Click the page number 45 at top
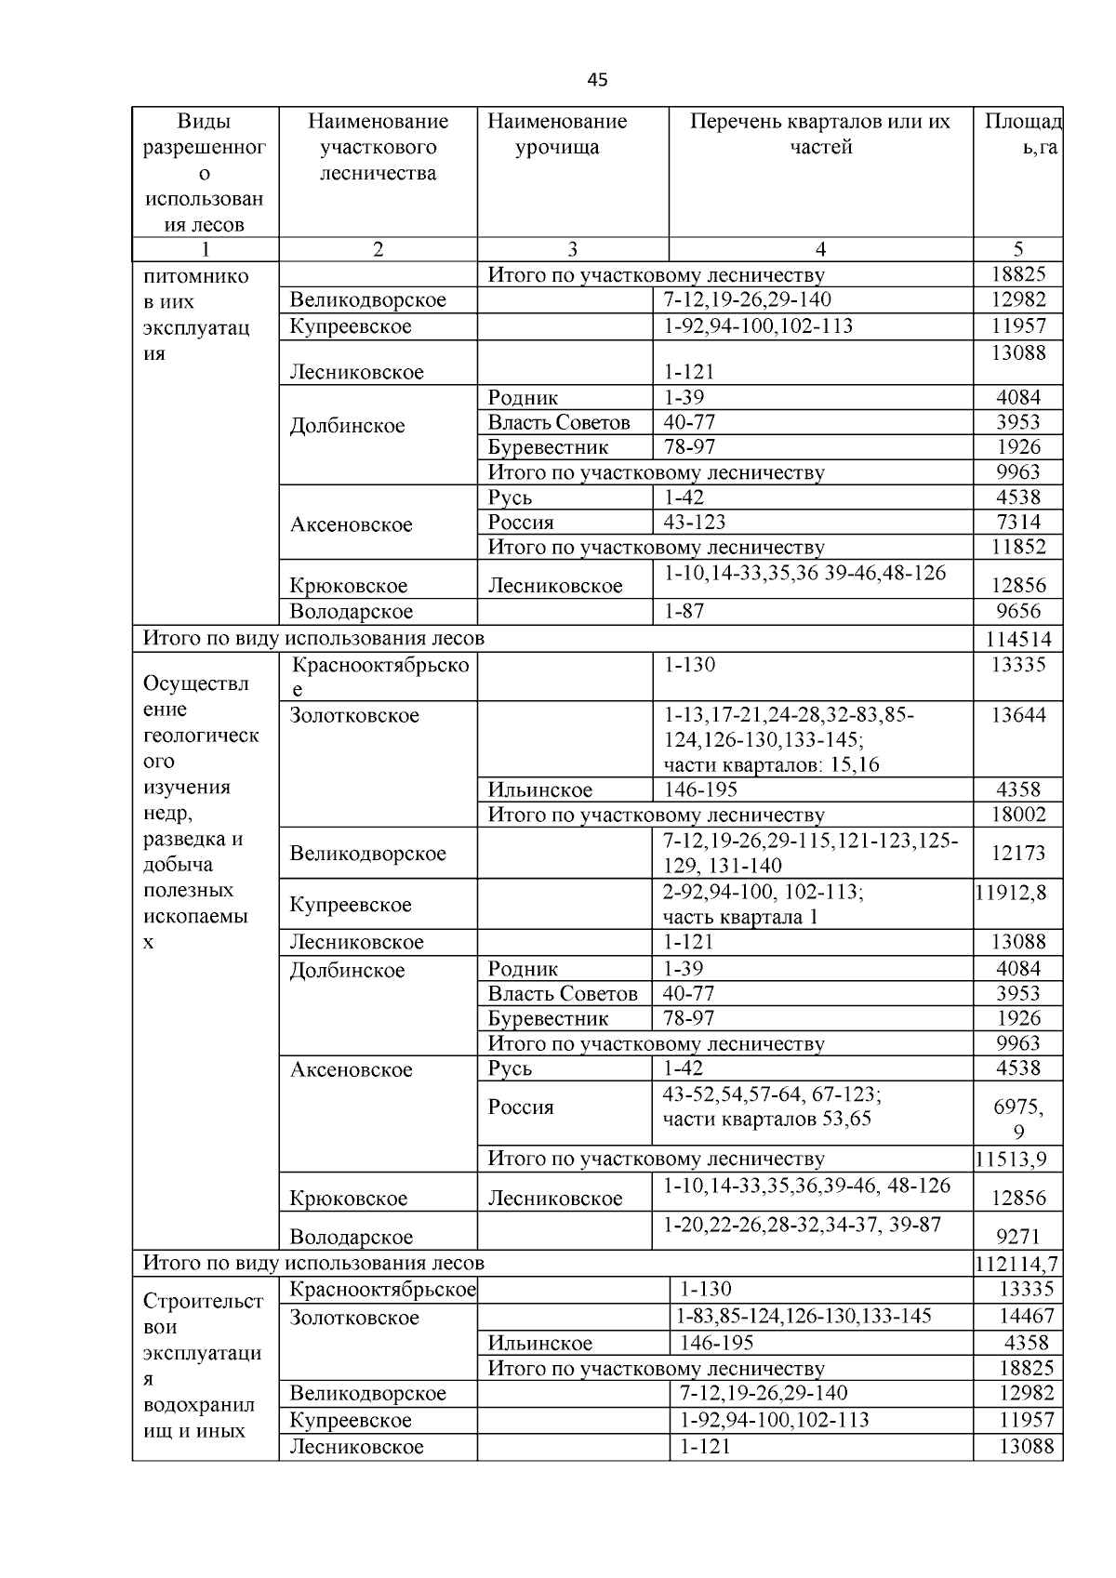tap(597, 80)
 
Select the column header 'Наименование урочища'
tap(557, 134)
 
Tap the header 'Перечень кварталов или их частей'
tap(820, 134)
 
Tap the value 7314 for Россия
tap(1018, 522)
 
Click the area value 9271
tap(1018, 1237)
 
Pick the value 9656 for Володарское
tap(1018, 611)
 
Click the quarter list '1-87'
tap(684, 611)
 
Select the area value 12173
tap(1018, 853)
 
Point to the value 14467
tap(1026, 1316)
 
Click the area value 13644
tap(1018, 715)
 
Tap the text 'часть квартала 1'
tap(740, 917)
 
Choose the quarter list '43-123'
tap(694, 522)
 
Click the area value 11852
tap(1018, 547)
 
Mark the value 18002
tap(1018, 815)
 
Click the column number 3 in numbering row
tap(572, 248)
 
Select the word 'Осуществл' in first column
tap(195, 683)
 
